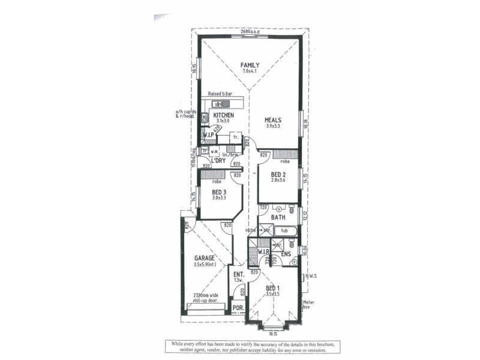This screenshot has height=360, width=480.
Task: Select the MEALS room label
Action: tap(273, 119)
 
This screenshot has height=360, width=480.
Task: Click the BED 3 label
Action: tap(218, 192)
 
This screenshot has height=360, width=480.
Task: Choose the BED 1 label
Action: tap(275, 288)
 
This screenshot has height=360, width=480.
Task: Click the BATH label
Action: tap(278, 217)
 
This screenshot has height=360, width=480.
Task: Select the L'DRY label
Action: tap(217, 160)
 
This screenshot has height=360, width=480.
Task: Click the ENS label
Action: tap(286, 254)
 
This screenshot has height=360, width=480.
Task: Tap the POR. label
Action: tap(238, 310)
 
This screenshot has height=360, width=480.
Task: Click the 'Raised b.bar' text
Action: tap(220, 94)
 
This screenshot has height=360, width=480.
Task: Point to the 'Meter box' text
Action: tap(308, 304)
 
